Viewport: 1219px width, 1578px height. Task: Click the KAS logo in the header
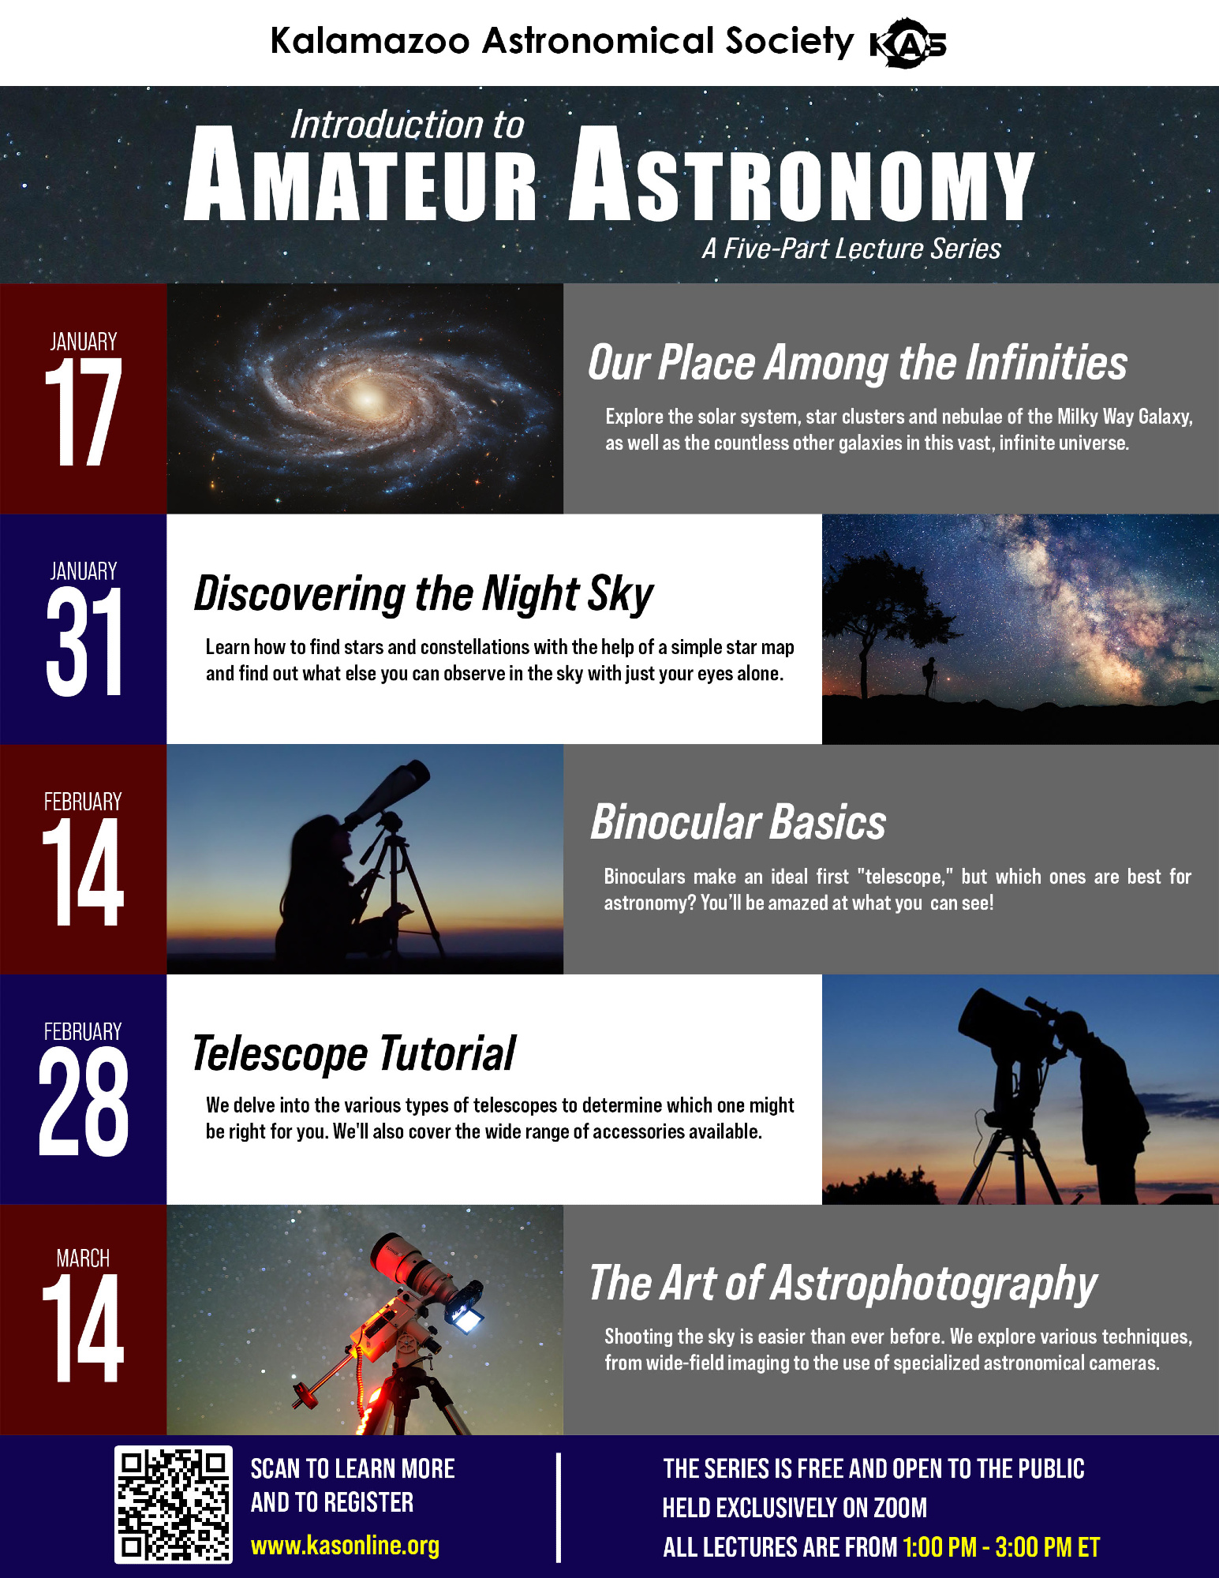(x=907, y=43)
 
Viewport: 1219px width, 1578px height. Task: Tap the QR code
(x=174, y=1505)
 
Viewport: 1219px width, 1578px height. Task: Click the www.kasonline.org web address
(x=345, y=1546)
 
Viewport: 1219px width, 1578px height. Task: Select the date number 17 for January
(x=84, y=412)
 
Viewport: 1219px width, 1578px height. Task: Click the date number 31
(x=84, y=642)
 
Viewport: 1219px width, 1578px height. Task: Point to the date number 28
(x=84, y=1101)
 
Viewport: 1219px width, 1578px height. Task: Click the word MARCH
(x=83, y=1258)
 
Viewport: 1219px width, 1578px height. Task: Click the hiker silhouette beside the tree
(x=931, y=677)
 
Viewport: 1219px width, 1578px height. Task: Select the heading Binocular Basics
(x=739, y=823)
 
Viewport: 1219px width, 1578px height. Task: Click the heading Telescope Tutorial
(x=354, y=1053)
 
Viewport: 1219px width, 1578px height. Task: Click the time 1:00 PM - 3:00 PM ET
(x=1001, y=1547)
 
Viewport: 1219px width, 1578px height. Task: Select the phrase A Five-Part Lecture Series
(x=851, y=249)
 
